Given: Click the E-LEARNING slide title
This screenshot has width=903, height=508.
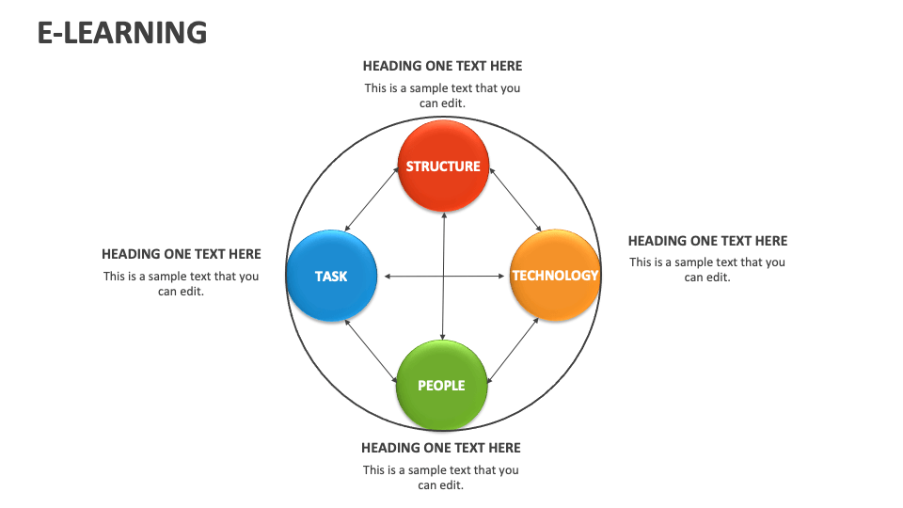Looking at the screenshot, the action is [x=122, y=32].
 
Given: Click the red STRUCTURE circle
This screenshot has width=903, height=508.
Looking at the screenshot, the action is [x=443, y=166].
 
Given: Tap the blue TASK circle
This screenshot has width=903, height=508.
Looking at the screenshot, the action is [x=332, y=276].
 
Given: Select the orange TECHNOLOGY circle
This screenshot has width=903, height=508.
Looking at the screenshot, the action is [x=555, y=276].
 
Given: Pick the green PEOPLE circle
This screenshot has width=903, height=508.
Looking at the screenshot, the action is [x=442, y=386].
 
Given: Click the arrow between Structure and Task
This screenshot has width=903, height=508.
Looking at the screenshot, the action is [x=372, y=199].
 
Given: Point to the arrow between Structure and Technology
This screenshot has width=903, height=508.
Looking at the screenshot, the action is [x=515, y=199].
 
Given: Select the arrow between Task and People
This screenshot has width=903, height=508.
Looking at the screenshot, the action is [x=371, y=351].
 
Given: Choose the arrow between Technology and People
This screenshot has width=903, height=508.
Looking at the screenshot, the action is [x=514, y=350].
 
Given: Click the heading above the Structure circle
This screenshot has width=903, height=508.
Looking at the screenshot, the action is [x=442, y=66].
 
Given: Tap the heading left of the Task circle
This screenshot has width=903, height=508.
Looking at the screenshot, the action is [x=182, y=254].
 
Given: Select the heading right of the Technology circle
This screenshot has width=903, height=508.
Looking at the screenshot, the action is [x=707, y=241].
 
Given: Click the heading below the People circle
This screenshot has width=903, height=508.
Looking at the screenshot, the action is [x=441, y=448].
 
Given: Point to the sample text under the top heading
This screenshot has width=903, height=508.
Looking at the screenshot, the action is [x=442, y=96].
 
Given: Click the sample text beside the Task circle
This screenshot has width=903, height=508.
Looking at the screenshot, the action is [x=182, y=284].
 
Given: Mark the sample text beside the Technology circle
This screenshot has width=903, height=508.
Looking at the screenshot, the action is [x=707, y=270].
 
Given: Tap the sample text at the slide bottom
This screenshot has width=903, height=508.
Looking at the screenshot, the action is [x=441, y=478].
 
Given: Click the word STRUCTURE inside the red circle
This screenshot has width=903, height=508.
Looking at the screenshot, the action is [x=443, y=167].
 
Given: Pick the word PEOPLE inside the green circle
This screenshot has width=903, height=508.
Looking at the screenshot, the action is [x=441, y=386].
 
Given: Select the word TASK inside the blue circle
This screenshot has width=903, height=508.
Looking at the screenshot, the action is [x=331, y=277].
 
